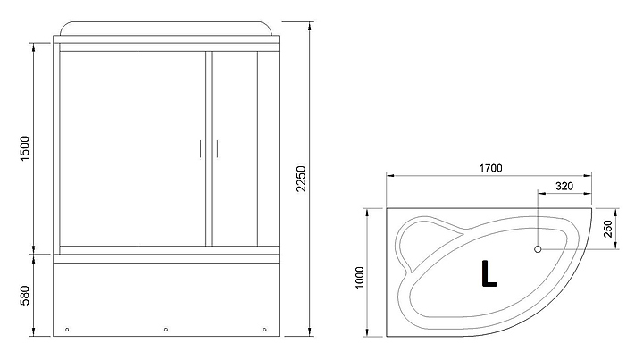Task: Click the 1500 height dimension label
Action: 25,148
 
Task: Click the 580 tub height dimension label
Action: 25,296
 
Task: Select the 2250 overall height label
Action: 302,179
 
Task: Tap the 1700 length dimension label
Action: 490,168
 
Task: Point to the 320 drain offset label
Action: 564,186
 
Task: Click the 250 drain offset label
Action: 608,229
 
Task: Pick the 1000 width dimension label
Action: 360,278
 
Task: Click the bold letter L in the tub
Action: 489,273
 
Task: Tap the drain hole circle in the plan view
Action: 538,249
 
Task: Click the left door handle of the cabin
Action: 200,149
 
